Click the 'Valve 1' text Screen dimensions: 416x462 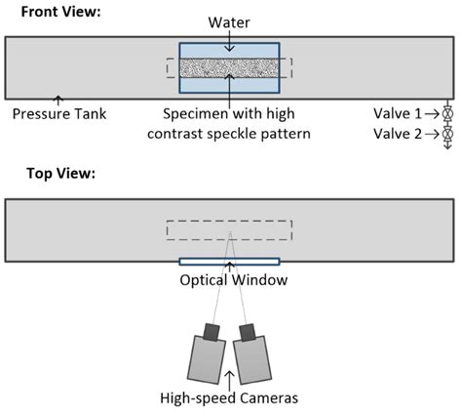tap(398, 113)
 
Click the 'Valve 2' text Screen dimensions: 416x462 tap(398, 132)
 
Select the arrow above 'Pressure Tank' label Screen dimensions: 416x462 tap(58, 100)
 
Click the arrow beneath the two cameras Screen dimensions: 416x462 tap(229, 377)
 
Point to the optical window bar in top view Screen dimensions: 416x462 tap(229, 261)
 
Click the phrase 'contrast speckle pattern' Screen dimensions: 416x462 tap(229, 132)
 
